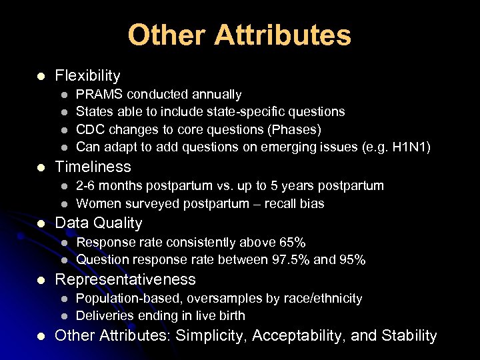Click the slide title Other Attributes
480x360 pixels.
pos(239,35)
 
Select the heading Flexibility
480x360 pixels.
pos(87,76)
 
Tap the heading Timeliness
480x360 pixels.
pos(93,167)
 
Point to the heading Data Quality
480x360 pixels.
pos(98,223)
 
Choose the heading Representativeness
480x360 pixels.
pos(125,279)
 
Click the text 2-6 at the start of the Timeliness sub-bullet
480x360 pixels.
pos(88,186)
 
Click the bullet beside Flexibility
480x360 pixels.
pos(42,76)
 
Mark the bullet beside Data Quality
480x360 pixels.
pos(42,223)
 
